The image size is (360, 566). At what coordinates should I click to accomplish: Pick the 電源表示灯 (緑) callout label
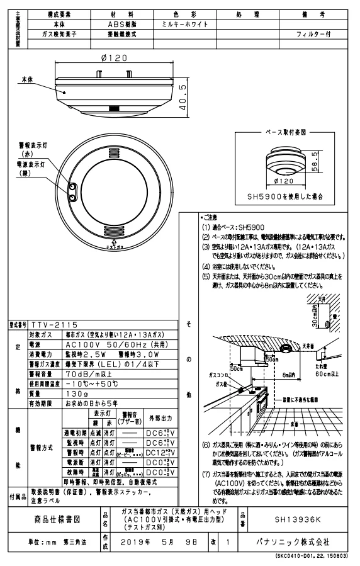click(x=31, y=167)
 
